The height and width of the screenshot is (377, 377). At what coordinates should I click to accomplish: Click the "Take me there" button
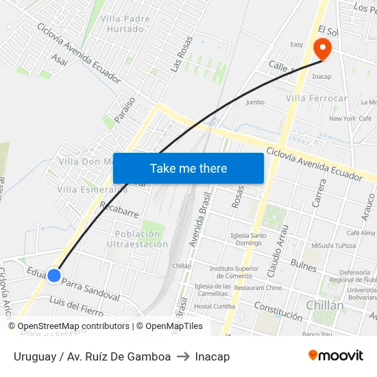(x=188, y=168)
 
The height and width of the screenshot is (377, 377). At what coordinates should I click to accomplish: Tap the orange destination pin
(x=321, y=48)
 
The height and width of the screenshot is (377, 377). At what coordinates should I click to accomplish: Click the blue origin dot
(x=54, y=276)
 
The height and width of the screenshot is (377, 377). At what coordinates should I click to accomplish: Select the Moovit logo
(x=335, y=356)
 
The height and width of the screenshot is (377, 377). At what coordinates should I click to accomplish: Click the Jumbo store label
(x=254, y=102)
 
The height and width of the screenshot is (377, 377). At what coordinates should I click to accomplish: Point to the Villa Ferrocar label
(x=316, y=99)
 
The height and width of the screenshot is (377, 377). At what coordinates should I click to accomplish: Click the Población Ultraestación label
(x=137, y=239)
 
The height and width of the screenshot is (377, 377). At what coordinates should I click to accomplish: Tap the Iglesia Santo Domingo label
(x=246, y=239)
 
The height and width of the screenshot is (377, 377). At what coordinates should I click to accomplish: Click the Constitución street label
(x=278, y=311)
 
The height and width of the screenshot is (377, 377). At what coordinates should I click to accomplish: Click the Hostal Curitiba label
(x=214, y=306)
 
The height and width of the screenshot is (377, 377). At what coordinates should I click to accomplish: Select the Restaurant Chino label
(x=258, y=288)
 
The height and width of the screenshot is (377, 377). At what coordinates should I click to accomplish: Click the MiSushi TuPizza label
(x=333, y=245)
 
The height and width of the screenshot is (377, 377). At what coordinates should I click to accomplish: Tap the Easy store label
(x=296, y=45)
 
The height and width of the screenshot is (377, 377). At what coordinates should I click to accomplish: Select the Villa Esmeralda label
(x=92, y=189)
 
